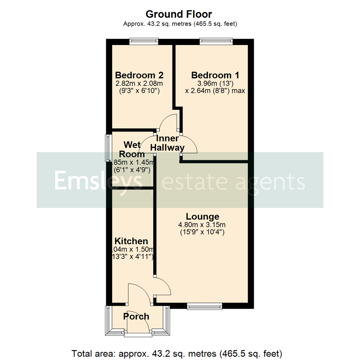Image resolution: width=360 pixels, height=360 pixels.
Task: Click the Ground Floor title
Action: (179, 14)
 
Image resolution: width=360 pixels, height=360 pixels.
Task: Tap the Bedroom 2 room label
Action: (139, 75)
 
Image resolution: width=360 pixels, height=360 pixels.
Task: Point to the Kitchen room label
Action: (131, 241)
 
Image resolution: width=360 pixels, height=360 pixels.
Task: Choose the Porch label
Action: (136, 316)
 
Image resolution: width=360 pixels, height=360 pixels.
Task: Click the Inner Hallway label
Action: (170, 143)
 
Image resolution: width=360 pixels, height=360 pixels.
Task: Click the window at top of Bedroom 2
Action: (144, 41)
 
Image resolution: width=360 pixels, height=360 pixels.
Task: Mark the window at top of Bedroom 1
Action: (215, 41)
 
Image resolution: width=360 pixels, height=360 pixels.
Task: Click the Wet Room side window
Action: (108, 148)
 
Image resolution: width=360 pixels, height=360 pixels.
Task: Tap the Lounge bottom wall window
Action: (204, 306)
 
